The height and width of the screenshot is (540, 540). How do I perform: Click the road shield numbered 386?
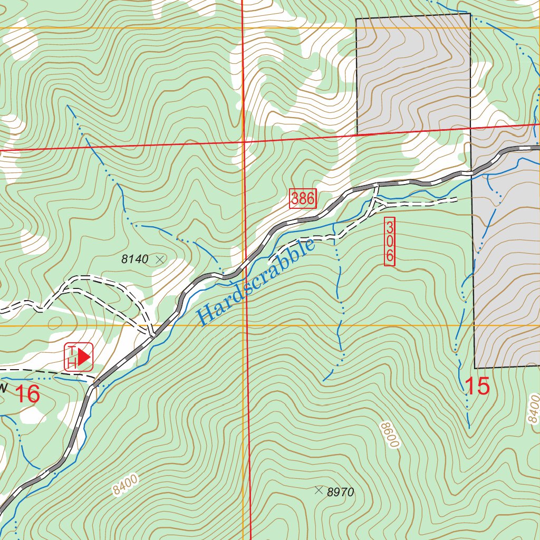point(303,199)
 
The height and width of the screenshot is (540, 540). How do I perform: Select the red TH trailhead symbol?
point(79,356)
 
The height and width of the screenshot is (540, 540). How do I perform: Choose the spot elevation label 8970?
point(340,493)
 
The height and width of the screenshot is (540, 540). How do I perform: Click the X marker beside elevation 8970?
point(318,490)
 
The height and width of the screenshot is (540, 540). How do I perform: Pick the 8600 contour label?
point(389,434)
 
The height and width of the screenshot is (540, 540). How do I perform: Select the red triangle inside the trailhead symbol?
point(84,356)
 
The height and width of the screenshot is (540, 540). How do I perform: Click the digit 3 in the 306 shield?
point(390,228)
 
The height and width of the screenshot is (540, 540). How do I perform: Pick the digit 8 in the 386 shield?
point(303,199)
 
